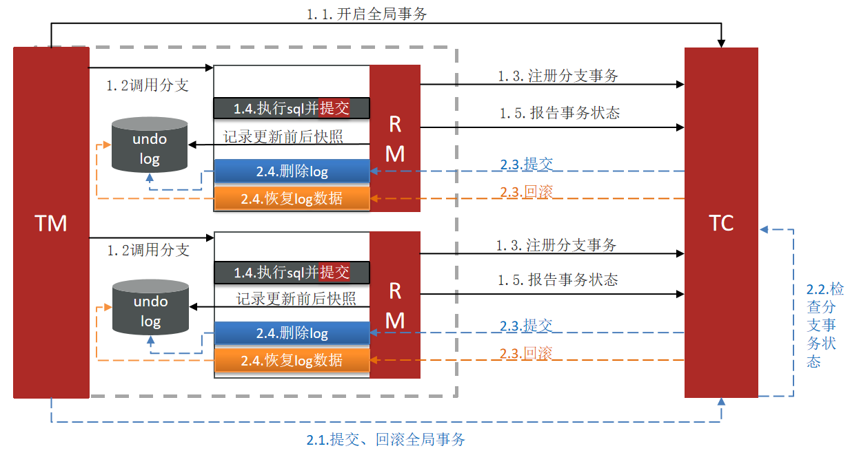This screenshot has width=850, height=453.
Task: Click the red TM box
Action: pos(51,222)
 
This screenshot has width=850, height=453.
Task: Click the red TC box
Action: pos(720,222)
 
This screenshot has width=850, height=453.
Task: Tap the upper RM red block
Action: pos(395,138)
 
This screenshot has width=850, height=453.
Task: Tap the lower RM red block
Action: pos(395,305)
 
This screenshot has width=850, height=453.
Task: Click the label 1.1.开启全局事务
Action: pos(367,14)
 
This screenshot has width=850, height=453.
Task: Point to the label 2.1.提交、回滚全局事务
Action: pos(385,439)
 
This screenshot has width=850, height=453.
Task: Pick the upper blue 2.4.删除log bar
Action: pos(292,171)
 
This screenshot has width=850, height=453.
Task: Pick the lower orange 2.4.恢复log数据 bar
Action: pos(292,360)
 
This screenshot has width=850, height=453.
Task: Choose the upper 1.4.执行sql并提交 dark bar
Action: pos(292,107)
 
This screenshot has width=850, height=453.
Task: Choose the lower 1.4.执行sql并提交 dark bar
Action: pos(292,272)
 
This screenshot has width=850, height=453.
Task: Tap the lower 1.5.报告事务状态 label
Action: pos(558,280)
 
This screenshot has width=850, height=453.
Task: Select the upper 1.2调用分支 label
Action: pos(147,85)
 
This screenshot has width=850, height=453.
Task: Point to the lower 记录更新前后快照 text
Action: pos(296,299)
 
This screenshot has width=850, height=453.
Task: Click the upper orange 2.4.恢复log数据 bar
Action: pos(292,198)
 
